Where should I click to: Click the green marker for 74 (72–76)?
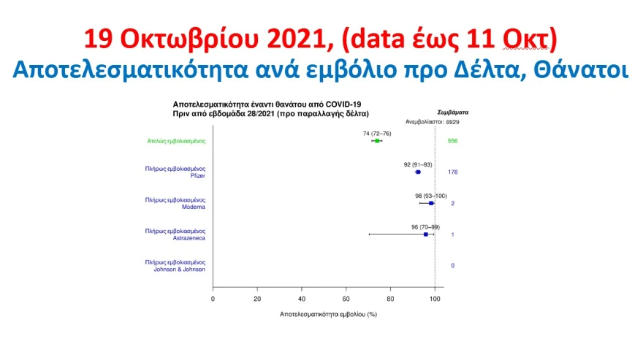[377, 141]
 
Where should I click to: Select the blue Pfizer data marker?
[418, 172]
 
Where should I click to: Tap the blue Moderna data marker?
[431, 204]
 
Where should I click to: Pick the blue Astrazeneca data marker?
[426, 234]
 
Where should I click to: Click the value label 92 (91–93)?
[418, 165]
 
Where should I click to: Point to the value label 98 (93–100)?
[431, 196]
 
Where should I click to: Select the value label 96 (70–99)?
[426, 227]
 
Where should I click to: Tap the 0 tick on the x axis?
[213, 299]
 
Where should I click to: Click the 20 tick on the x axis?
[257, 299]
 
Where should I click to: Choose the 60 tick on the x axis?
[346, 299]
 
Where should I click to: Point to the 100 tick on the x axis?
[435, 299]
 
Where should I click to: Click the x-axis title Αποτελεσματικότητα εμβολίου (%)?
[328, 315]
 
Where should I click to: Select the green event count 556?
[453, 141]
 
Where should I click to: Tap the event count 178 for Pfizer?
[453, 172]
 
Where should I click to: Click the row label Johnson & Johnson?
[179, 269]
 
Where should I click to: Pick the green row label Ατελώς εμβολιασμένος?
[176, 141]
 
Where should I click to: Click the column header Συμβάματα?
[453, 112]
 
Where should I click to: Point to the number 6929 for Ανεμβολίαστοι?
[453, 122]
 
